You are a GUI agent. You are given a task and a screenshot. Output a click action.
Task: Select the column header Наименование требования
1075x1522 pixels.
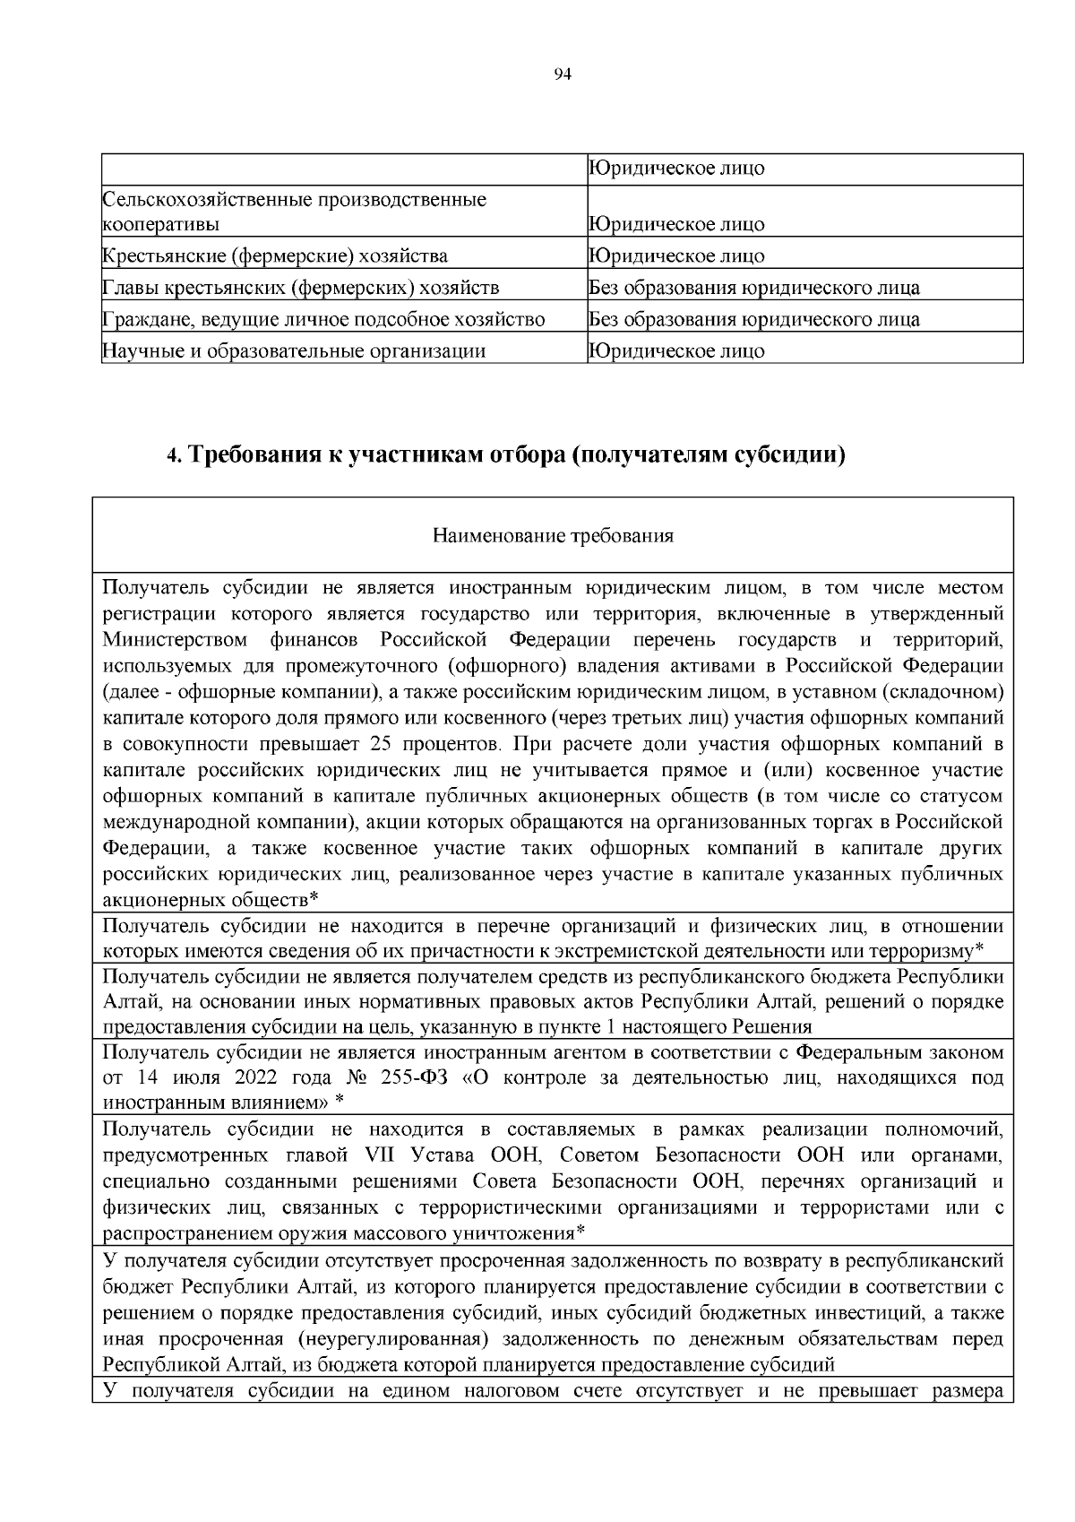tap(553, 536)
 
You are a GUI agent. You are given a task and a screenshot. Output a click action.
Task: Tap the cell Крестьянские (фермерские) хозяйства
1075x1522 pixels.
tap(275, 256)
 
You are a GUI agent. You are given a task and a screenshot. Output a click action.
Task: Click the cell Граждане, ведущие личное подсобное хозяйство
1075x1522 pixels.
tap(324, 319)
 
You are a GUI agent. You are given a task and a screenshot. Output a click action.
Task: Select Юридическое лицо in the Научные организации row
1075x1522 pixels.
tap(676, 350)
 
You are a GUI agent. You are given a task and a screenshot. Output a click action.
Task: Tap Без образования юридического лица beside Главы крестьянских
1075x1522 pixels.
tap(753, 288)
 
